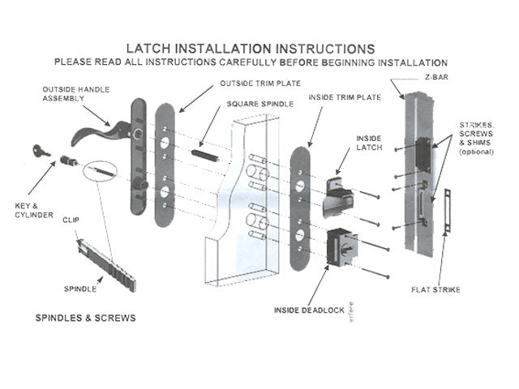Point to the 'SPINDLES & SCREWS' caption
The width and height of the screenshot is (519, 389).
pyautogui.click(x=85, y=318)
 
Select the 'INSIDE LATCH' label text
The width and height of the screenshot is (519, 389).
pyautogui.click(x=368, y=143)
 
